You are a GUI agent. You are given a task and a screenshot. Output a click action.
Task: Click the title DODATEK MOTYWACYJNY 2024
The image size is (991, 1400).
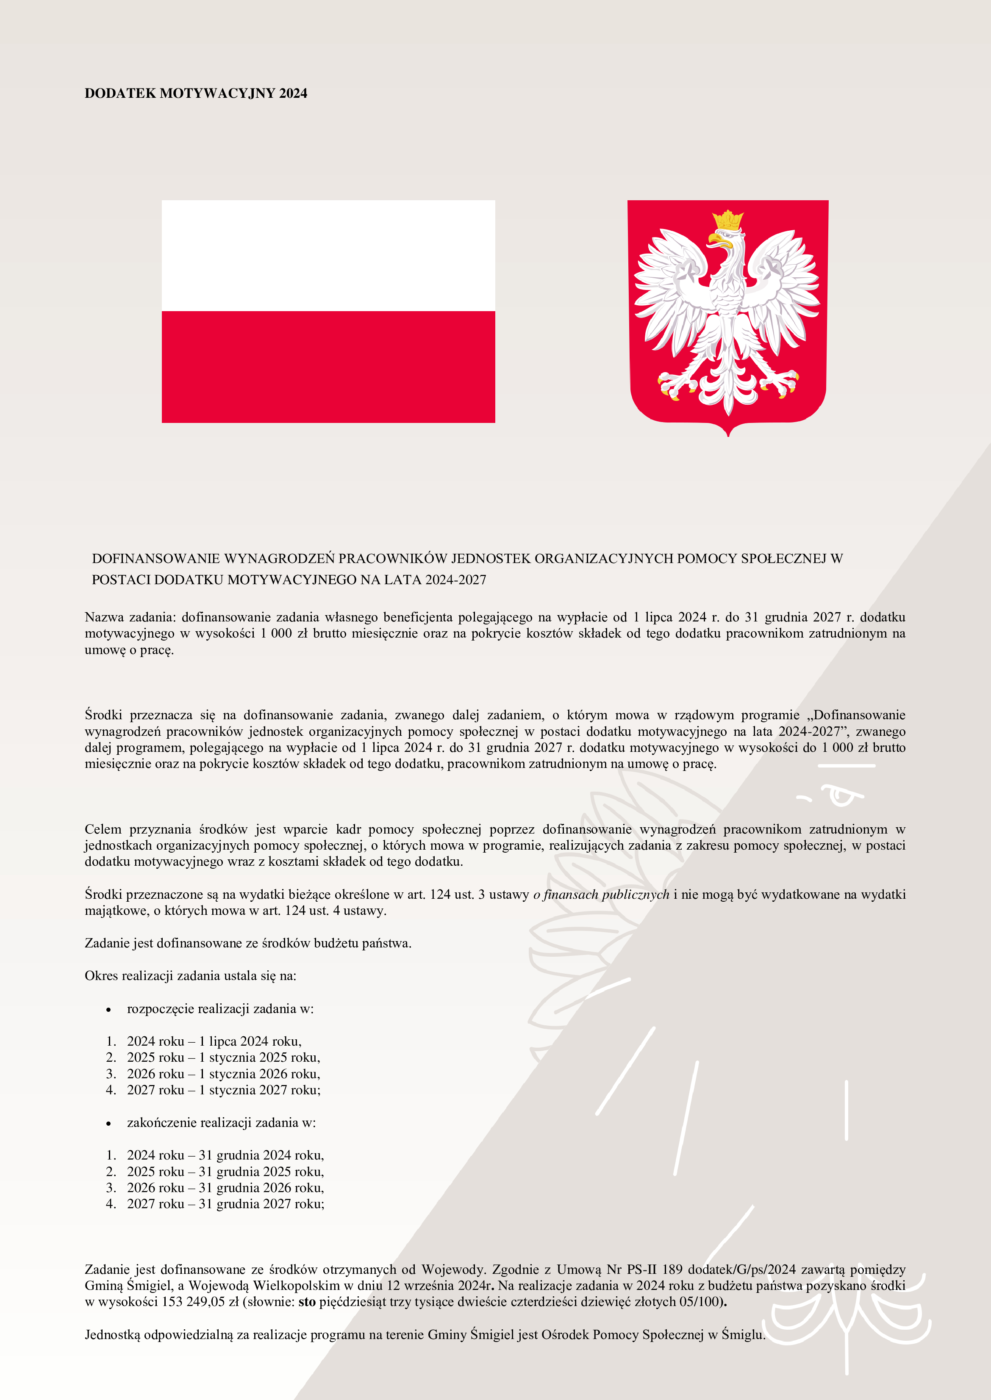click(x=195, y=93)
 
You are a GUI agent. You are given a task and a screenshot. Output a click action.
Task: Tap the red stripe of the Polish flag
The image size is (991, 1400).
click(x=328, y=367)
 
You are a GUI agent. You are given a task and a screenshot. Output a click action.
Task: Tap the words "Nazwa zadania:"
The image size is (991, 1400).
click(x=130, y=617)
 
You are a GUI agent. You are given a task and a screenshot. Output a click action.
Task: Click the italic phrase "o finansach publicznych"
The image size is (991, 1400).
click(x=601, y=895)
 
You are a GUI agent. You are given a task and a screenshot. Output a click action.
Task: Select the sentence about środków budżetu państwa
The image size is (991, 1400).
click(x=248, y=943)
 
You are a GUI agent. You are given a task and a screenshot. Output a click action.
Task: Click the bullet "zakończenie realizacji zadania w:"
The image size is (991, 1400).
click(x=221, y=1123)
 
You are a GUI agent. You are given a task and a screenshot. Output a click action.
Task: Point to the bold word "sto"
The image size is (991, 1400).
click(x=307, y=1302)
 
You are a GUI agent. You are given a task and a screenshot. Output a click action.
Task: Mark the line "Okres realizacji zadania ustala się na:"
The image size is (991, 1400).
click(x=190, y=976)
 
